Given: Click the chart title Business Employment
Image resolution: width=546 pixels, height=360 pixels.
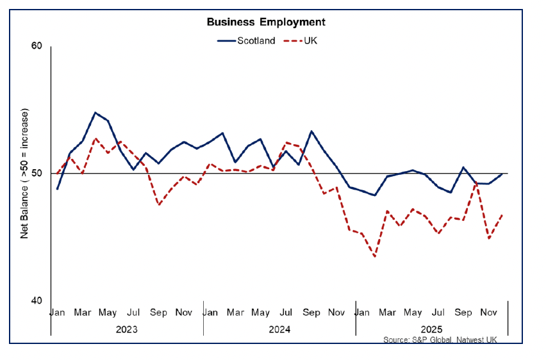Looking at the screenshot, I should point(265,22).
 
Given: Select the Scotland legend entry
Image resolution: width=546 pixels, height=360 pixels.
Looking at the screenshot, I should point(256,40).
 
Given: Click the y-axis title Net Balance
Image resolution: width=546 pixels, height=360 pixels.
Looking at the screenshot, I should point(25,174).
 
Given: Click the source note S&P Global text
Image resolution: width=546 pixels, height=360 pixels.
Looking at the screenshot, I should point(440,340).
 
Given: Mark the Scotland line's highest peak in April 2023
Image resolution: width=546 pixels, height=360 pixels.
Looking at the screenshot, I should point(95,113).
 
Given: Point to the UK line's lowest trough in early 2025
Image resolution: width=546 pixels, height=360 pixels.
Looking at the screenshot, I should point(374,256).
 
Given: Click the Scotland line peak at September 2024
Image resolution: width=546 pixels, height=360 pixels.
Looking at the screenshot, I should point(311,131).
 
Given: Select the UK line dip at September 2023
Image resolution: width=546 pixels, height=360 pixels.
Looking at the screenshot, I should point(159,204).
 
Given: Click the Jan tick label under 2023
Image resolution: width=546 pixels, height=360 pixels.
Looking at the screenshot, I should point(58,313).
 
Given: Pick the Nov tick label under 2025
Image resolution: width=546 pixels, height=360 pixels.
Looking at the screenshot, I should point(489,313).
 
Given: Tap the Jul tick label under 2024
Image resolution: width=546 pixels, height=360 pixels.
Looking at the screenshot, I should point(286,313).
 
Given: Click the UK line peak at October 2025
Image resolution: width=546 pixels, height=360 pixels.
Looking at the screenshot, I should point(476,184).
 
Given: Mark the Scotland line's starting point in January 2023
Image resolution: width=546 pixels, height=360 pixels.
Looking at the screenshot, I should point(58,189).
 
